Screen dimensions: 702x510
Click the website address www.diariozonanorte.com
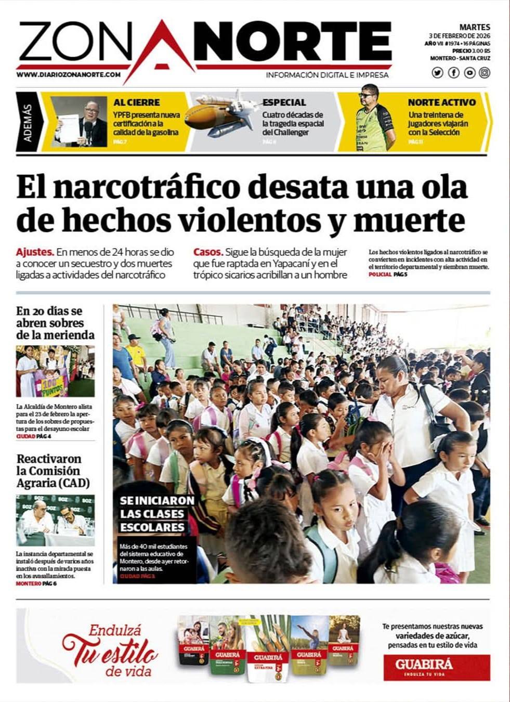(69, 74)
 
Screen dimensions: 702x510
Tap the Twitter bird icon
(437, 73)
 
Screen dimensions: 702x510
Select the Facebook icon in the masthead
(453, 73)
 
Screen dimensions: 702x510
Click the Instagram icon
(485, 73)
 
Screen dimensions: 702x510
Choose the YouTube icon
(469, 73)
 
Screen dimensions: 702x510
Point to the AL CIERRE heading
(137, 102)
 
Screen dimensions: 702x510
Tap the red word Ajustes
(35, 252)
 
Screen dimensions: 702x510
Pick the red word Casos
(208, 252)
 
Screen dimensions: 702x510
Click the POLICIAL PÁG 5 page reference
(388, 274)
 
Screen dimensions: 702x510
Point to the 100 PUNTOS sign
(51, 385)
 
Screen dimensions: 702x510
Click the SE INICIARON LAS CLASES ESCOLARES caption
(157, 514)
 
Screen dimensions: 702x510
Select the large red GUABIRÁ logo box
(437, 667)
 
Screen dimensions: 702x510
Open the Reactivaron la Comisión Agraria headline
(53, 471)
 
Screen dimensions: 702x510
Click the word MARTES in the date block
(475, 27)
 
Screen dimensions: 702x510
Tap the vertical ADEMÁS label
(28, 123)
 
